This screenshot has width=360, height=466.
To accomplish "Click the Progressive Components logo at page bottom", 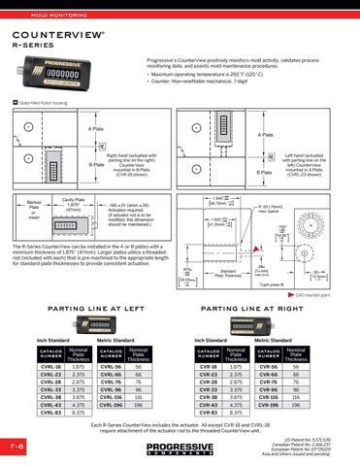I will click(180, 449).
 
